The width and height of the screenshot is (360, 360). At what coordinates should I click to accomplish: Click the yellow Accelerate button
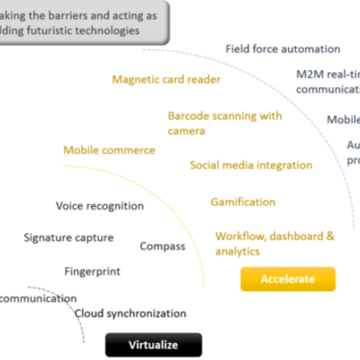288,279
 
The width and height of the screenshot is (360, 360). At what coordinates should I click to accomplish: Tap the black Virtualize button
153,345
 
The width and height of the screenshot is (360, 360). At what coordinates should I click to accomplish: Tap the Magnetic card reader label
154,78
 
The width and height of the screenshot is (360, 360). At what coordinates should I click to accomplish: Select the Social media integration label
251,166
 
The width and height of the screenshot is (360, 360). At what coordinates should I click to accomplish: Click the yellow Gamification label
242,202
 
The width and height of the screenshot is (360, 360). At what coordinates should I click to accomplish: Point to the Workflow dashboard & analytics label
274,240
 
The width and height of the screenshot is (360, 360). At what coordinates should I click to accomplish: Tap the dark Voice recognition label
99,205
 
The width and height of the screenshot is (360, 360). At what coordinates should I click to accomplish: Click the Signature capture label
68,238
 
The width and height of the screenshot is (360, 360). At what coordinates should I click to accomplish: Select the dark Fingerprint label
92,270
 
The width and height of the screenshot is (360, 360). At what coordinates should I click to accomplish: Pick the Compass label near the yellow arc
163,245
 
